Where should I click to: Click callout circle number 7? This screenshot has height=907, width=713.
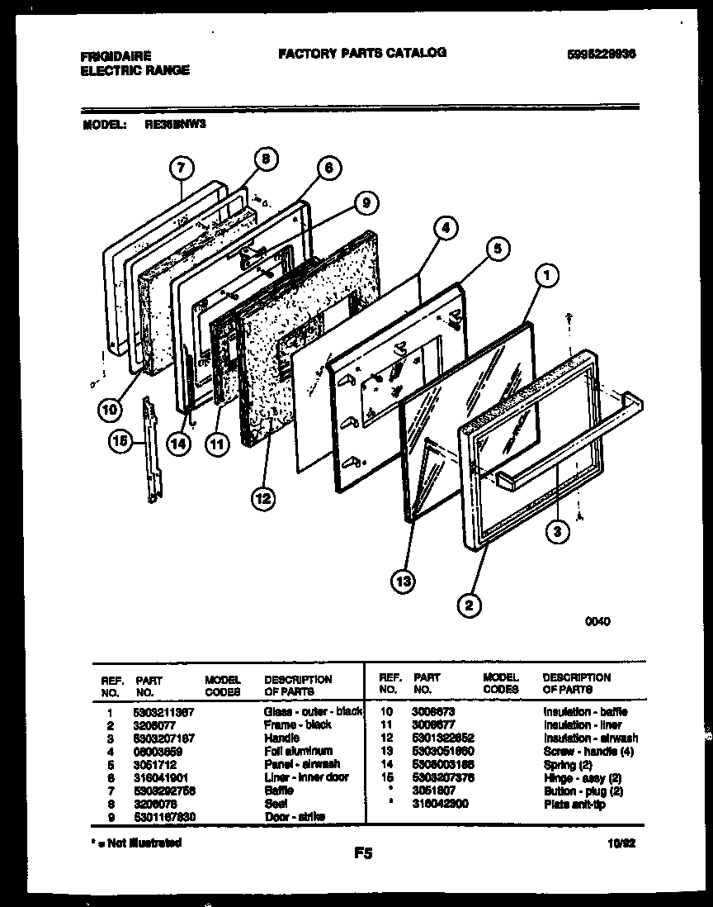[182, 168]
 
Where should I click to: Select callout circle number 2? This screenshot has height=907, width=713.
[469, 606]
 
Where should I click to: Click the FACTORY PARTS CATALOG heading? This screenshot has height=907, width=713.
[362, 53]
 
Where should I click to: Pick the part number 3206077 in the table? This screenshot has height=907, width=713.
[153, 724]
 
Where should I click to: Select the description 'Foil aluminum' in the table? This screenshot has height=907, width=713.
[298, 751]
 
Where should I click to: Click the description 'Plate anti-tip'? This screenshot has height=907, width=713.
[574, 804]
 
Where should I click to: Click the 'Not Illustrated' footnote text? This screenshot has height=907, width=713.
[136, 843]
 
